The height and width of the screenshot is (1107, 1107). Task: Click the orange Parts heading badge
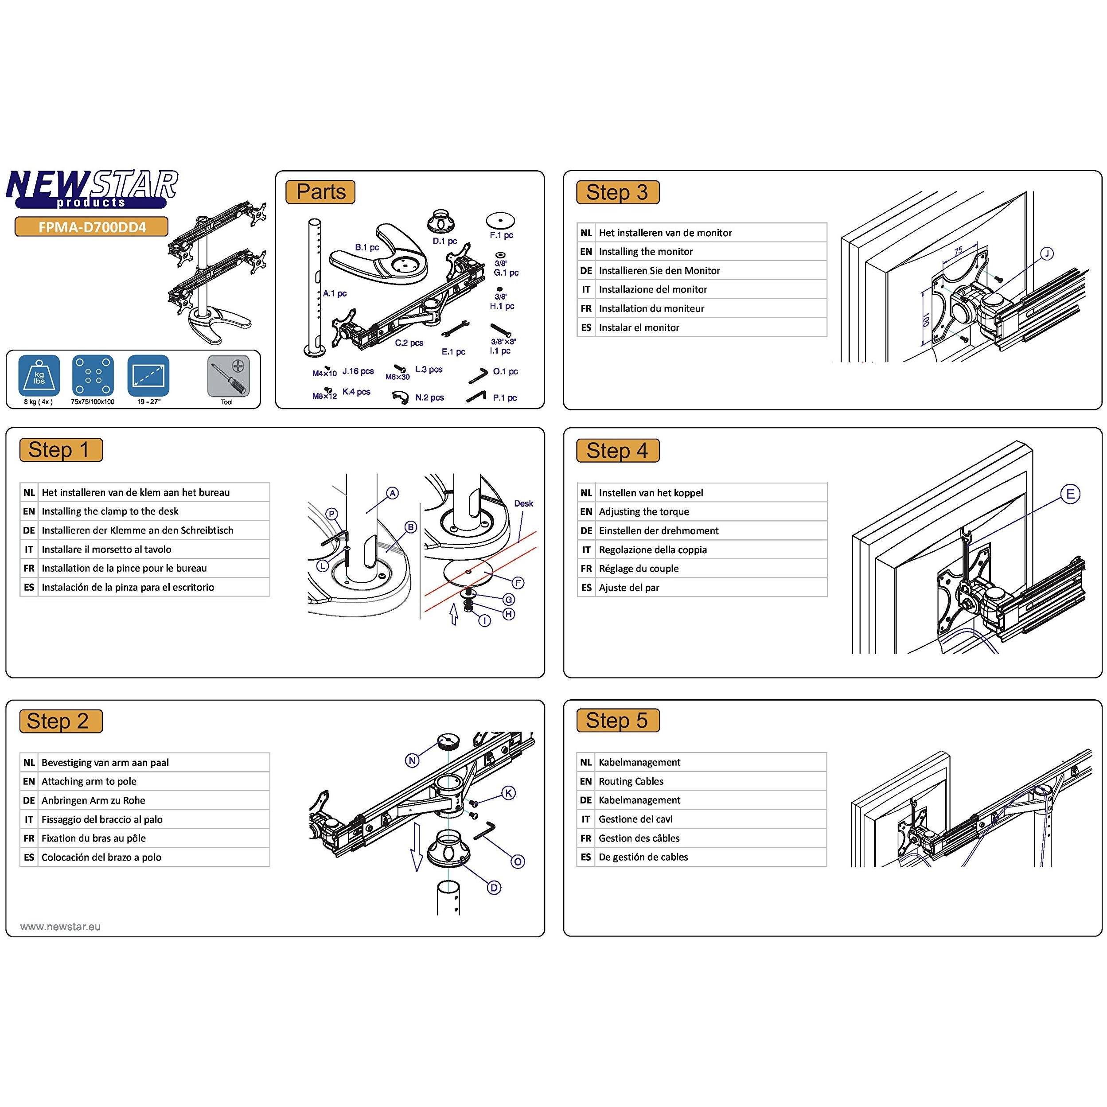[320, 192]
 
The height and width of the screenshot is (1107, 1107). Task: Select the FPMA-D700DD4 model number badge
[92, 227]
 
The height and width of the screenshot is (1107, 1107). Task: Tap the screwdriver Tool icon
[227, 376]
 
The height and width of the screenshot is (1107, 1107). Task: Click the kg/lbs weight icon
[39, 376]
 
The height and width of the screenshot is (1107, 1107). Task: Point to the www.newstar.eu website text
[60, 927]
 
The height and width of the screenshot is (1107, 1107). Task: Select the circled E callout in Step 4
[1070, 494]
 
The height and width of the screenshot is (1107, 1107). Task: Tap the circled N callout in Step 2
[412, 760]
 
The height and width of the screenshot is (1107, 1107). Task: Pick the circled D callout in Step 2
[494, 888]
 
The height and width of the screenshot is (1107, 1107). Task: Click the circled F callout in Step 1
[518, 583]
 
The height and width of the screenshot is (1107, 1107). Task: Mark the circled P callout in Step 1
[332, 514]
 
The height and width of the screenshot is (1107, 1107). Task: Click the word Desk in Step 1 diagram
[524, 504]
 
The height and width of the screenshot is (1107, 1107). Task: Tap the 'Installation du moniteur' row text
[651, 308]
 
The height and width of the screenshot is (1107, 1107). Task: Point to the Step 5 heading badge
[618, 720]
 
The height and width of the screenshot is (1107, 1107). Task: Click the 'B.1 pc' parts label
[366, 248]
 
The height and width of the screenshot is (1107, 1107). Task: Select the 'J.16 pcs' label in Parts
[358, 371]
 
